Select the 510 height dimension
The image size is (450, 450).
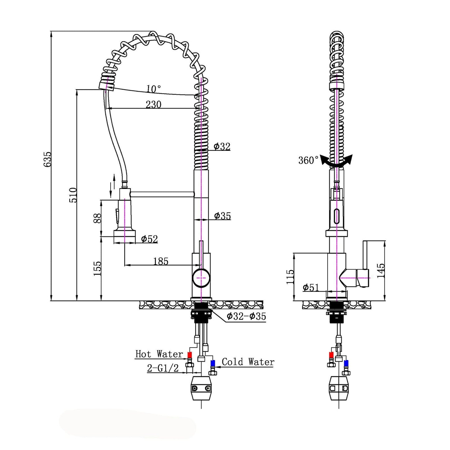click(x=73, y=195)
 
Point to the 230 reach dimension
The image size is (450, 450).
click(x=154, y=104)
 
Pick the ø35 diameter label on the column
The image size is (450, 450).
click(x=222, y=216)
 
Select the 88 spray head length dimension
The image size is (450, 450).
click(x=97, y=218)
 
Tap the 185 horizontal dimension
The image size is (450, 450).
click(x=161, y=261)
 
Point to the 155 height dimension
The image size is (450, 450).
click(x=97, y=268)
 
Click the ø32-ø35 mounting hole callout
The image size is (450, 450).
click(x=246, y=316)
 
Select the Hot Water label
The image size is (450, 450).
click(x=159, y=354)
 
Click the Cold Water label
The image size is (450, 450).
click(x=248, y=362)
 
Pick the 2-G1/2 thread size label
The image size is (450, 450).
click(x=163, y=368)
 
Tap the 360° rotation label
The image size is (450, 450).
click(x=308, y=160)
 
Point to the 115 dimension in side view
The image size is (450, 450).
click(x=290, y=277)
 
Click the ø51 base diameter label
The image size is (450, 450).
click(x=311, y=287)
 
